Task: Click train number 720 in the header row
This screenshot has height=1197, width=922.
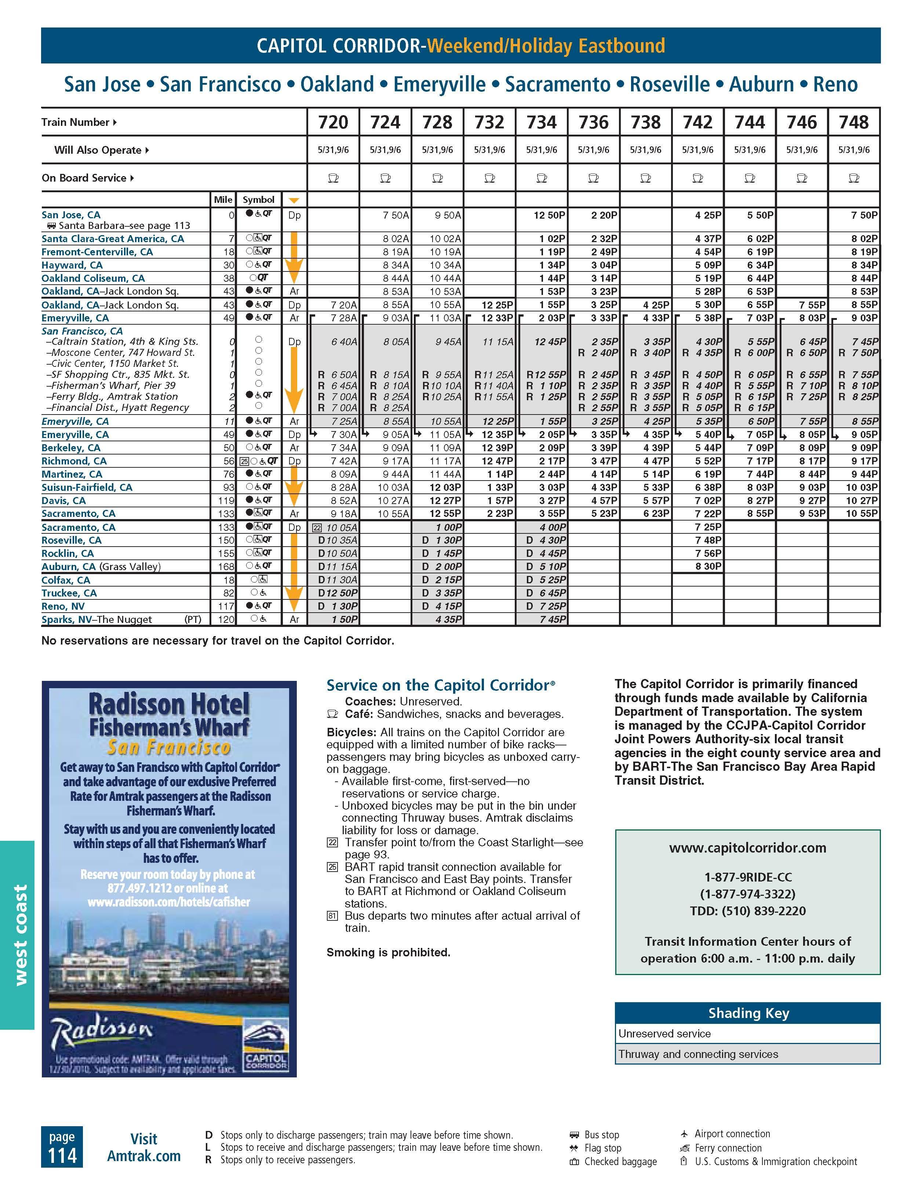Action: click(333, 122)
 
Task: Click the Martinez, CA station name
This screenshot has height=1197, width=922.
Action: click(72, 474)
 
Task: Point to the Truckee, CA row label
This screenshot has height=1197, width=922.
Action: click(69, 593)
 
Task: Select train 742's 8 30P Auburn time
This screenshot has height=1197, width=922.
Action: click(708, 566)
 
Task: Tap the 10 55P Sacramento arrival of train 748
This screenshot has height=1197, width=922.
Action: click(862, 514)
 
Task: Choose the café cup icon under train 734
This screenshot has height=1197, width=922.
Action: click(541, 178)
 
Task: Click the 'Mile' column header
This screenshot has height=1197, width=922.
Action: click(223, 200)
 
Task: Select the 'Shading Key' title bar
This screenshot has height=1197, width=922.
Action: click(748, 1013)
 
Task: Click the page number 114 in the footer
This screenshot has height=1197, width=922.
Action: click(62, 1155)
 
